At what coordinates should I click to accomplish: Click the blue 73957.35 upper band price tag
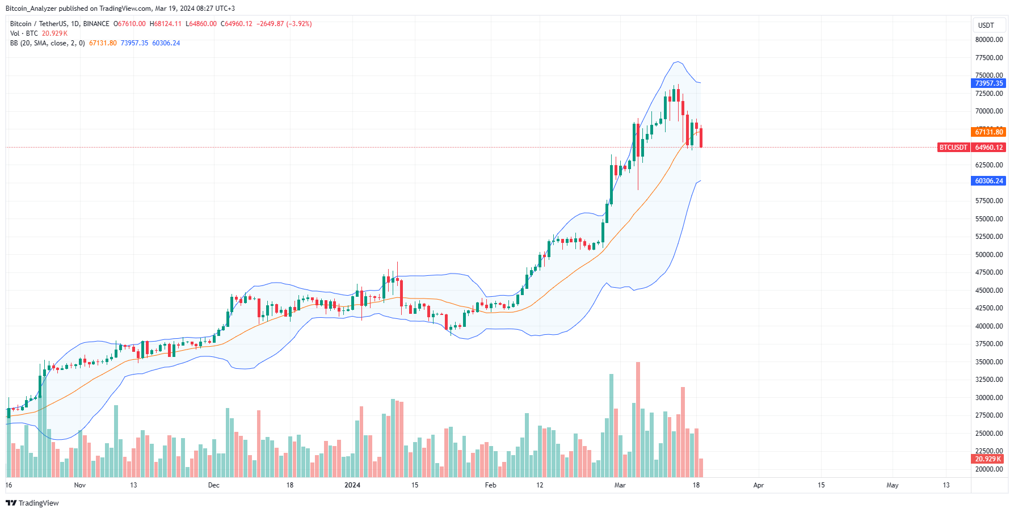989,83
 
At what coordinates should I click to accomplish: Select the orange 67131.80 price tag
989,132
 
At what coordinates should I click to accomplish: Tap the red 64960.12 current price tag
989,148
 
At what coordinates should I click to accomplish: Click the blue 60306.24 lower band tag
989,181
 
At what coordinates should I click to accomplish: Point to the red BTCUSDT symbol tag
953,148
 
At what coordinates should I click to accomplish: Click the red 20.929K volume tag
988,459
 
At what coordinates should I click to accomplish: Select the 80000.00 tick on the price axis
989,40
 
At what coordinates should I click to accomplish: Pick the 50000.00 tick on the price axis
989,255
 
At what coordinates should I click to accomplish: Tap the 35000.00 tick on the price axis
989,362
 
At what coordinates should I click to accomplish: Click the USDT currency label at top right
986,25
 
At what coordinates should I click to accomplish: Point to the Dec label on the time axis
213,485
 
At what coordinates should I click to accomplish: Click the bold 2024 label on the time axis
352,485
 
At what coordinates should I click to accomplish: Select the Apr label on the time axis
758,485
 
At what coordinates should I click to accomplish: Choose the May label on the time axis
892,485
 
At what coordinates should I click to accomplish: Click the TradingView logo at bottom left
32,503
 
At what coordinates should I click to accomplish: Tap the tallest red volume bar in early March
638,420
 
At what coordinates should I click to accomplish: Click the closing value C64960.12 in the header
236,24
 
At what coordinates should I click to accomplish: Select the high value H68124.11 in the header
165,24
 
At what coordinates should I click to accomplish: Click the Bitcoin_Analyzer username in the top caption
31,9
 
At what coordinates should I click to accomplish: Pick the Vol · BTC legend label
24,33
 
